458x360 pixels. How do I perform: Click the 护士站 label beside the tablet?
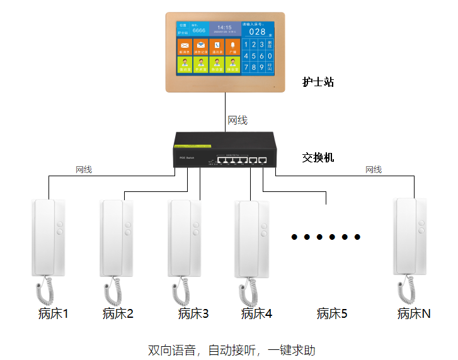318,82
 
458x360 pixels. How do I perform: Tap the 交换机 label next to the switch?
318,157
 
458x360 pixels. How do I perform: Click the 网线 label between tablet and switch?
238,120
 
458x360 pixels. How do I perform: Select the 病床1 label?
53,313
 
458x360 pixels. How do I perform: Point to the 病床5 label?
332,313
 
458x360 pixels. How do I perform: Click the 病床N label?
414,313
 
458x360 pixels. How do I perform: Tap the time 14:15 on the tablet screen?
225,28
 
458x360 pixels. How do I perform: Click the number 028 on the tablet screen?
257,31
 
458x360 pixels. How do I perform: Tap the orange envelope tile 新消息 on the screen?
185,47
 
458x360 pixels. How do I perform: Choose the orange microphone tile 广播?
232,47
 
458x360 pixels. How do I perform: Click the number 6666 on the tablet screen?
199,30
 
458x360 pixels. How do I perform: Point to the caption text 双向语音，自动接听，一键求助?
231,349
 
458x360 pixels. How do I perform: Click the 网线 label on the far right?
374,169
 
